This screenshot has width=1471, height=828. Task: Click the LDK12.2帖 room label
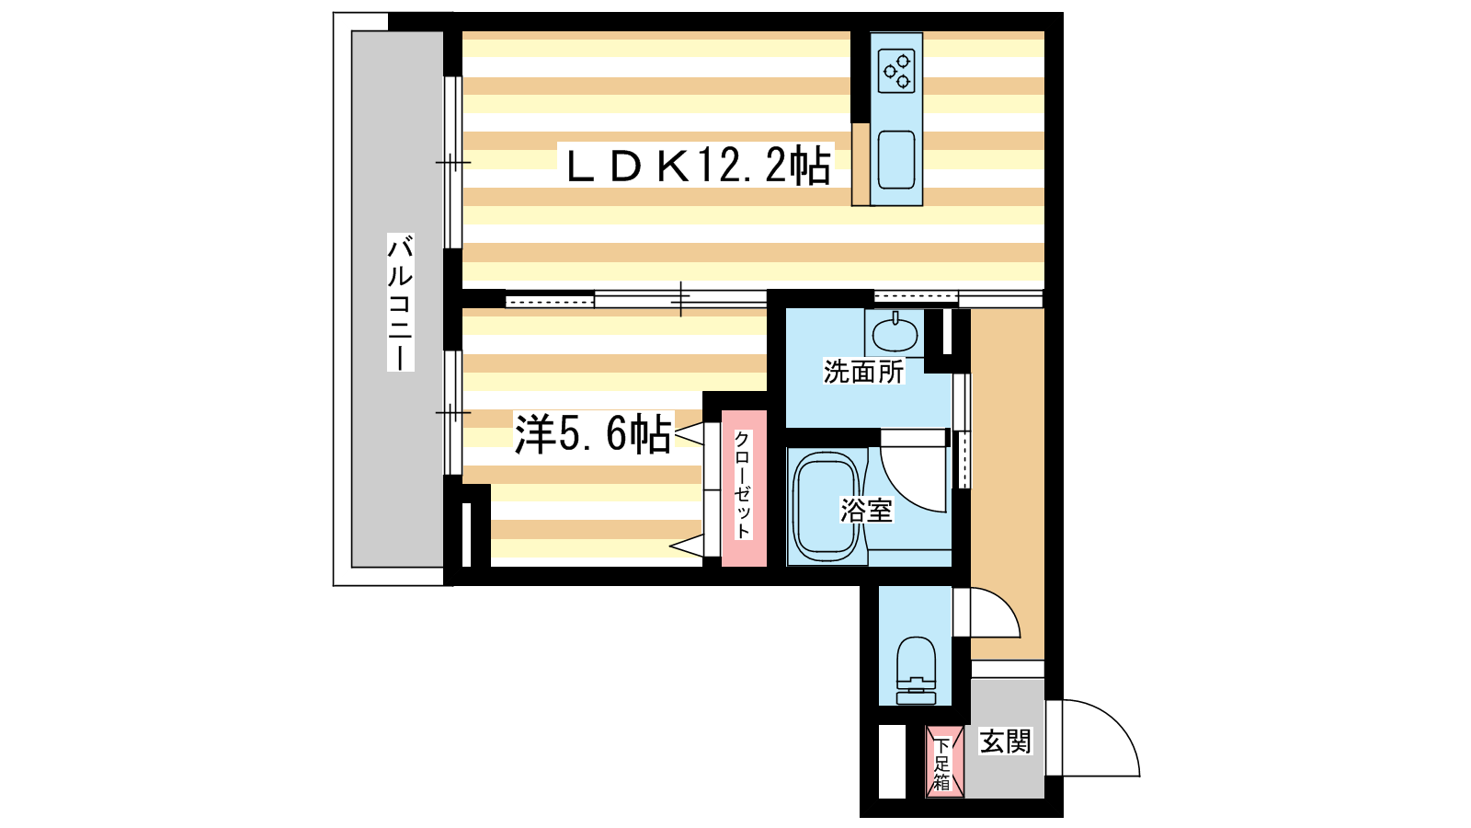pyautogui.click(x=699, y=166)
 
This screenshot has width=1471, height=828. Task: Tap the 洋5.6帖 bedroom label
pyautogui.click(x=593, y=433)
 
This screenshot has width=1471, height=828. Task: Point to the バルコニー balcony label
pyautogui.click(x=400, y=302)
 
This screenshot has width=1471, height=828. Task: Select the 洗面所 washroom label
pyautogui.click(x=863, y=372)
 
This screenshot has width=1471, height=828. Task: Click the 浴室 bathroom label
pyautogui.click(x=866, y=510)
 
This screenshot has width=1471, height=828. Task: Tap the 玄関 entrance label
pyautogui.click(x=1006, y=742)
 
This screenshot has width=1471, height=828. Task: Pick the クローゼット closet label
pyautogui.click(x=743, y=484)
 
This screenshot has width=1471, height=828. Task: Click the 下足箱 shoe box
pyautogui.click(x=944, y=763)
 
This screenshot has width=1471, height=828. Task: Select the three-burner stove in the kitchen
pyautogui.click(x=896, y=71)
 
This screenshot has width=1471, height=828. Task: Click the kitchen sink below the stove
pyautogui.click(x=896, y=160)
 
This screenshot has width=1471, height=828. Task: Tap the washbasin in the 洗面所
pyautogui.click(x=895, y=333)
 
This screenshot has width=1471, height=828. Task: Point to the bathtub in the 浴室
pyautogui.click(x=827, y=508)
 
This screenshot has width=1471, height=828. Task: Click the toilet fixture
pyautogui.click(x=916, y=671)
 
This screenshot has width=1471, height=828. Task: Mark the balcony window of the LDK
pyautogui.click(x=453, y=162)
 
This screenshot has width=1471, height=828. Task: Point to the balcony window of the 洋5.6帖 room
pyautogui.click(x=453, y=413)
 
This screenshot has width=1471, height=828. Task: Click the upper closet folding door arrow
pyautogui.click(x=689, y=434)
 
